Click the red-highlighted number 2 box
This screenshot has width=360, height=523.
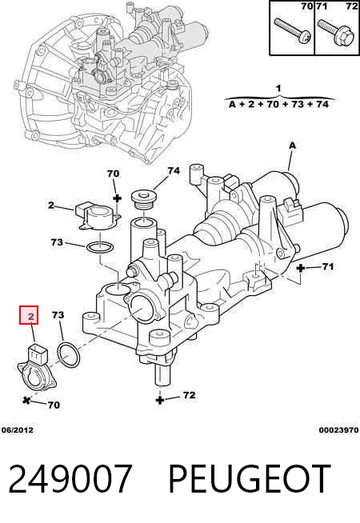[29, 315]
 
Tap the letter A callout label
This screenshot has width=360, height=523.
[292, 146]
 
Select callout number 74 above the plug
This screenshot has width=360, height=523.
[174, 171]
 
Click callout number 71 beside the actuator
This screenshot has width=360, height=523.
[328, 266]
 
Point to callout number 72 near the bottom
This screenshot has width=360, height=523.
[189, 395]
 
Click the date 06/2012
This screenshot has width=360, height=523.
[18, 430]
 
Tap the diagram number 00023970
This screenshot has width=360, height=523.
[338, 430]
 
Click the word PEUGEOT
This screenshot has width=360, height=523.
[250, 479]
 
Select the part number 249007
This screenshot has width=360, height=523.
[70, 479]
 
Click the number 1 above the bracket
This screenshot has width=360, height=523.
[278, 89]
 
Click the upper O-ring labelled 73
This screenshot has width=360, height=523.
[100, 248]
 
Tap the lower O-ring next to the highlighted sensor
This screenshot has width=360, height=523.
[69, 354]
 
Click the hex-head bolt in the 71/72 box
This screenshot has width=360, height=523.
[334, 33]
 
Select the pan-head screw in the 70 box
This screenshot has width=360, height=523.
[293, 30]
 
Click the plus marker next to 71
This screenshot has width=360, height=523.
[301, 268]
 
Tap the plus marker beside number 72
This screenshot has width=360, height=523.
[160, 400]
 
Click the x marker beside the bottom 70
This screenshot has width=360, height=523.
[26, 400]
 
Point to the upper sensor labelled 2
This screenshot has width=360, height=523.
[98, 217]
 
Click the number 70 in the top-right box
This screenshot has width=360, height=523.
[306, 6]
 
